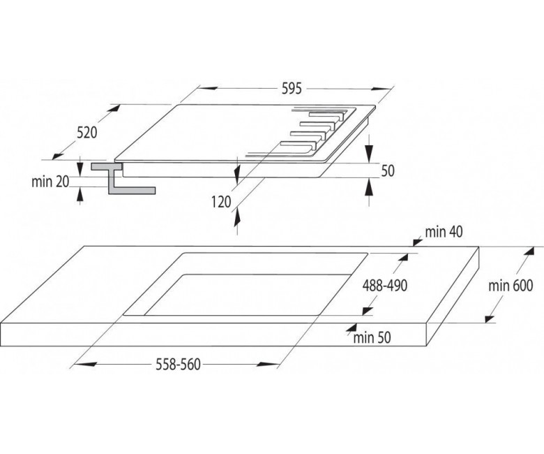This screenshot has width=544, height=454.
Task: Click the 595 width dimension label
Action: pos(292,89)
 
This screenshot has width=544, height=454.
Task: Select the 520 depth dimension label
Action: pos(86,132)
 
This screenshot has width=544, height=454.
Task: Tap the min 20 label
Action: pos(50,182)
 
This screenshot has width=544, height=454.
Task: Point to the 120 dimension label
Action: pos(221,201)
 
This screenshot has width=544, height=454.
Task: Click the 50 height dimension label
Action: pos(388,171)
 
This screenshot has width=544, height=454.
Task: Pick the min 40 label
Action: pos(444,232)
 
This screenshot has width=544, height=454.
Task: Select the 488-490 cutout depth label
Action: pos(385,286)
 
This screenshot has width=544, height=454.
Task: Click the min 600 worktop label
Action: pos(511,286)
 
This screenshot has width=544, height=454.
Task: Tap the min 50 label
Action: pos(372,337)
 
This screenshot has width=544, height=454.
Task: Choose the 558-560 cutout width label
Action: pos(179,365)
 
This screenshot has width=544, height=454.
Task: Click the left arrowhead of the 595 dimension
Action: pos(207,88)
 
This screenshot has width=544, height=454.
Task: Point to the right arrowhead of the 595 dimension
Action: pos(381,89)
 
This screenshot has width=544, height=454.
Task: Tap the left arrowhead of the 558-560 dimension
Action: pos(85,365)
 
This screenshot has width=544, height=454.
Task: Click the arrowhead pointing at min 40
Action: pos(416,242)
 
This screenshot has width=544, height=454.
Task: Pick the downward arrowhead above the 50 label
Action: pos(370,152)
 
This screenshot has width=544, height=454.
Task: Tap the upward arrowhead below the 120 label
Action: pos(237,217)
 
